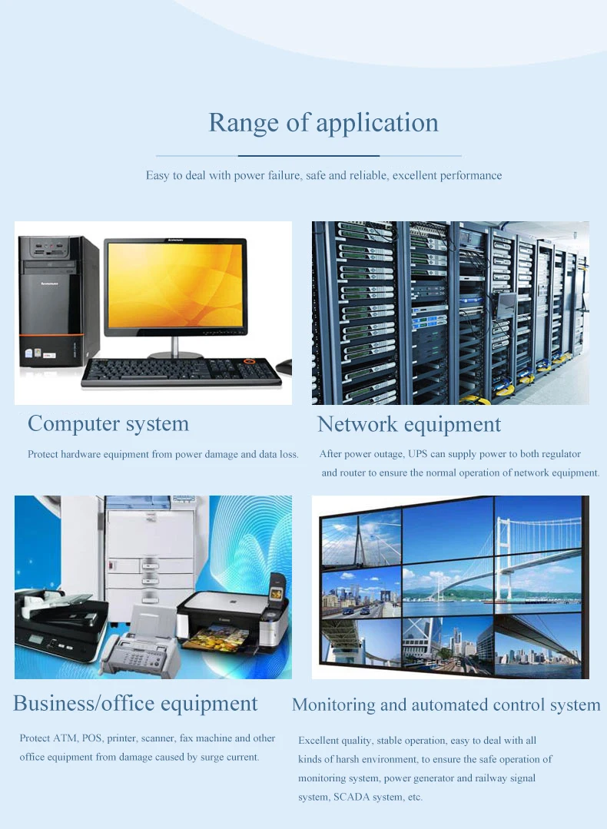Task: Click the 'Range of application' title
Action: pyautogui.click(x=323, y=123)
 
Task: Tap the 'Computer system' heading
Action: pyautogui.click(x=108, y=423)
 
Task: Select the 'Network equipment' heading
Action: pyautogui.click(x=409, y=424)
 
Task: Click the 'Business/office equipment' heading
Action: pyautogui.click(x=135, y=703)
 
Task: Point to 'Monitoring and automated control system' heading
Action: pyautogui.click(x=446, y=705)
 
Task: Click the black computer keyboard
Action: pyautogui.click(x=181, y=373)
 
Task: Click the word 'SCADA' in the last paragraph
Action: pyautogui.click(x=351, y=797)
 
